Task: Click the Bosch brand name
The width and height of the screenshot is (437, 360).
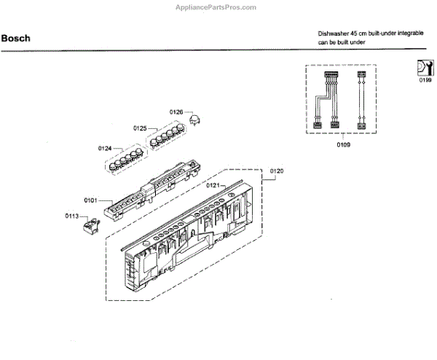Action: click(x=16, y=38)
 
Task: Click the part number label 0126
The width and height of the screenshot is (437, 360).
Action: click(x=176, y=111)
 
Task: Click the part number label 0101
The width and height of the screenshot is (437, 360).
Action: click(x=90, y=198)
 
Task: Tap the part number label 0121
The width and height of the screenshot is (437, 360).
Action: click(x=213, y=187)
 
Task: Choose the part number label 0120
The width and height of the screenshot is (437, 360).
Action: click(x=276, y=171)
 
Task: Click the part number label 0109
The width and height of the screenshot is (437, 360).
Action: click(x=344, y=145)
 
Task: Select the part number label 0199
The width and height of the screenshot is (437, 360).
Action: click(x=425, y=80)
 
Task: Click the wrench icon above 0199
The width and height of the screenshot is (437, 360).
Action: click(x=425, y=67)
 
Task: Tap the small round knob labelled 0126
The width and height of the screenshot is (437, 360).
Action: click(x=195, y=119)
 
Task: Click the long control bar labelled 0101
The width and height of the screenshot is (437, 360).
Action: click(x=146, y=193)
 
